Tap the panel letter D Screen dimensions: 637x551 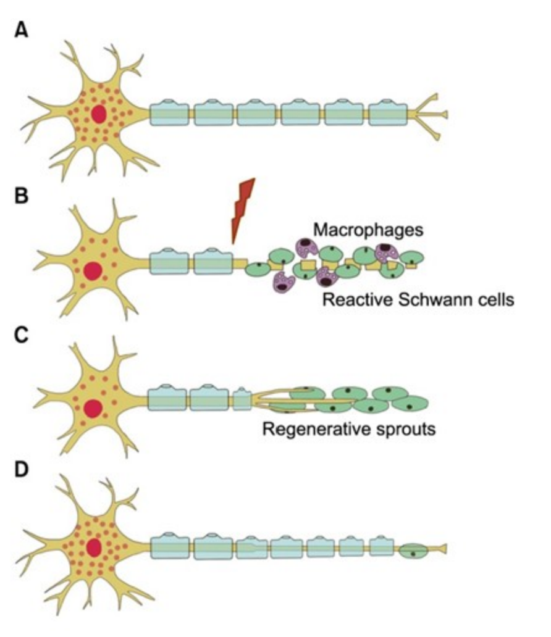click(x=22, y=470)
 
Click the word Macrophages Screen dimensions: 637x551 click(x=368, y=230)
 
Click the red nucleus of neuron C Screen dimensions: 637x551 click(x=93, y=408)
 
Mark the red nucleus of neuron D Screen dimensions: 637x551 click(x=95, y=546)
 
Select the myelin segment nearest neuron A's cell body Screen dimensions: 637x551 click(x=169, y=114)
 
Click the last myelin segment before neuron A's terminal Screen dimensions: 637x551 click(x=388, y=114)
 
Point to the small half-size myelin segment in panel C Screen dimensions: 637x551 click(x=242, y=398)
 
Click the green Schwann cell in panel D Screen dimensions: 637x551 click(x=412, y=549)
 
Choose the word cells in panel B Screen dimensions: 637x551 click(x=497, y=301)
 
